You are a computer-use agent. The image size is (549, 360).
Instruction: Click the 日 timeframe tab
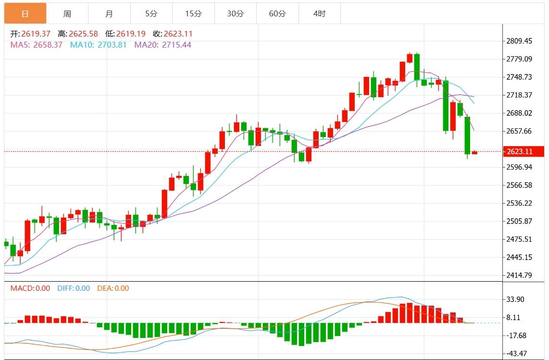click(25, 13)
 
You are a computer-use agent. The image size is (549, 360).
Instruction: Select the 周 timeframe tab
click(67, 13)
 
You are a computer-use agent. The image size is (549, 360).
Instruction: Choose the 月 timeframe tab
click(109, 13)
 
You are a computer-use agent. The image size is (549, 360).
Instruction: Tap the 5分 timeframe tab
click(151, 13)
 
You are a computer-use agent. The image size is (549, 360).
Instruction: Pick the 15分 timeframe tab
click(193, 13)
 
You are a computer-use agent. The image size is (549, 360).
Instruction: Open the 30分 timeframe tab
click(235, 13)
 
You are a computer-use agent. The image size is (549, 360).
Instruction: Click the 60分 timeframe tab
click(277, 13)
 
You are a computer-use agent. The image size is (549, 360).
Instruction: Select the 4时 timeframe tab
click(319, 13)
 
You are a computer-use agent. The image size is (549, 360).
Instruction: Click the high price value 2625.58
click(83, 34)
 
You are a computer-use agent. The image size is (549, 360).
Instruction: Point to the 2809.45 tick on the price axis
click(519, 41)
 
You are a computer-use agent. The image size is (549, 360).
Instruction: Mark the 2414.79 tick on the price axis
click(519, 275)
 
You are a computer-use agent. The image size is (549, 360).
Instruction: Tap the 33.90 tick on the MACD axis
click(515, 299)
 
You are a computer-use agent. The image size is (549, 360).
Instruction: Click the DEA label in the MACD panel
click(104, 288)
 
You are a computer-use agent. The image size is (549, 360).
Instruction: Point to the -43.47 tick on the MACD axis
click(515, 354)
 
